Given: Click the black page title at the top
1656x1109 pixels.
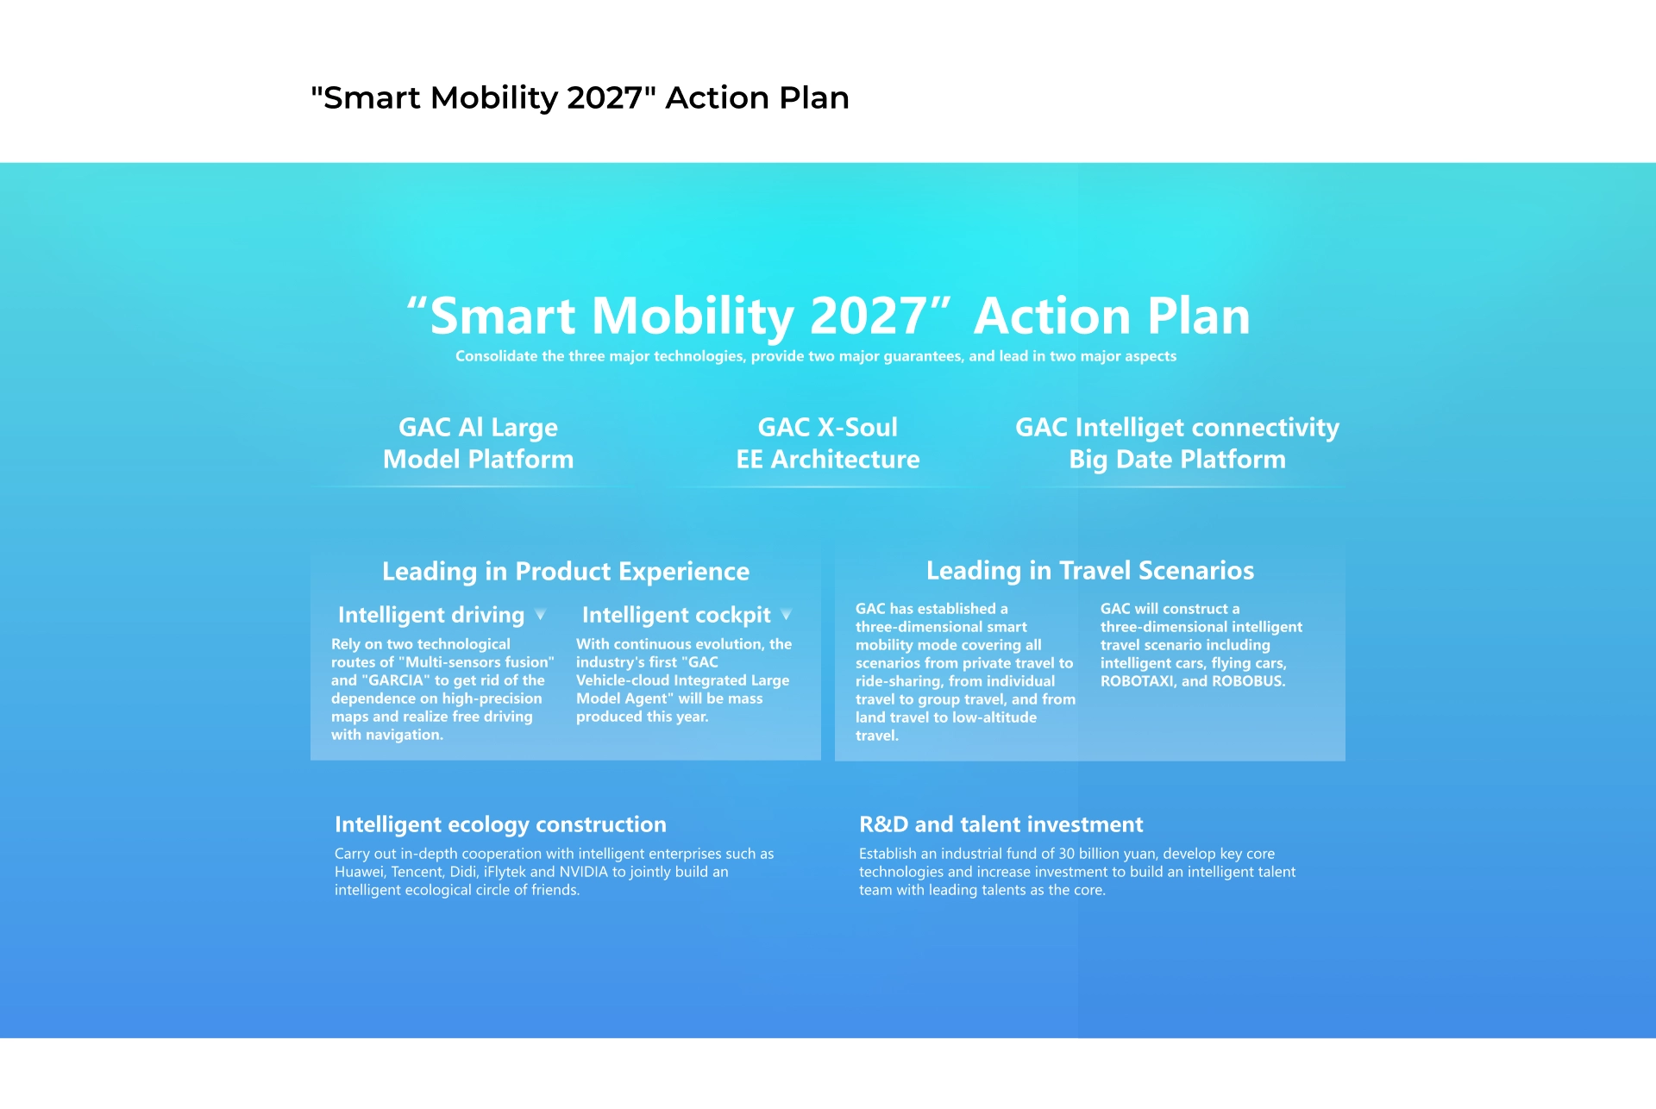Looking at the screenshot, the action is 580,97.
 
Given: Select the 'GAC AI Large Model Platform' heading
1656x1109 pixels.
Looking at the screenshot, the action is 478,443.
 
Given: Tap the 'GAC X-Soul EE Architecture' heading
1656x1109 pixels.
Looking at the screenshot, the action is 828,443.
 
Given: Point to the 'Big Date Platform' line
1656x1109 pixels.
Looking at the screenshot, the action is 1177,460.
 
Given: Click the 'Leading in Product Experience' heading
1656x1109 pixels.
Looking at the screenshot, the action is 566,571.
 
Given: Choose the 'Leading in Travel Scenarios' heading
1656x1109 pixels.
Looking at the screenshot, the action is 1090,570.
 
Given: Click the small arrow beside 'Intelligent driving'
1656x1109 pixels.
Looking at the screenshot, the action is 541,615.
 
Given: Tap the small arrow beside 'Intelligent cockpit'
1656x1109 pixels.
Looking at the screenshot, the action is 786,615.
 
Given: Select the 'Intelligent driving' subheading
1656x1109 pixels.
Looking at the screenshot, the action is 431,615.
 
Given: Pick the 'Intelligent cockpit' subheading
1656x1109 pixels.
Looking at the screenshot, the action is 676,615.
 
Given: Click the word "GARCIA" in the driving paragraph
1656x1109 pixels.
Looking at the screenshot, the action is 396,680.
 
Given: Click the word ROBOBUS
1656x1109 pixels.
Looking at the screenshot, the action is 1248,681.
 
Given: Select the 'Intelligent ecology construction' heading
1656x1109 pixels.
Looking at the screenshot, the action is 500,824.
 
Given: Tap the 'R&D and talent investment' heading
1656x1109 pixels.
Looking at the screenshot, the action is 1001,824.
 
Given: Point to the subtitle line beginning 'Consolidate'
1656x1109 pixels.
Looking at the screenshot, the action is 816,356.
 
